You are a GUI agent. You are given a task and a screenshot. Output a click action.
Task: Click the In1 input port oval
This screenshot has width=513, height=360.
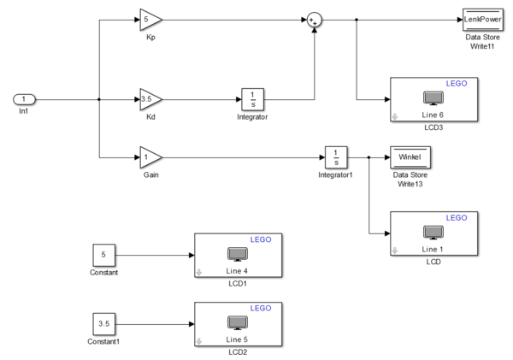click(x=24, y=99)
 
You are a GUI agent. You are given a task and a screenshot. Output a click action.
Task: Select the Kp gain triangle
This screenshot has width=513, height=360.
click(x=149, y=19)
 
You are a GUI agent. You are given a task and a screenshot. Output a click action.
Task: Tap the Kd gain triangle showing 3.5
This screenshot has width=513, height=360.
click(x=150, y=100)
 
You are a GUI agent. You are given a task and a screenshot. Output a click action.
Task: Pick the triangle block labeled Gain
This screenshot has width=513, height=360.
click(x=150, y=157)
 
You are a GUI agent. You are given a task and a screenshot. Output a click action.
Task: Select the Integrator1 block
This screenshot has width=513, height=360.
click(x=336, y=157)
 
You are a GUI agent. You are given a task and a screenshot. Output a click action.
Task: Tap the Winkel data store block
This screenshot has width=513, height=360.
click(x=410, y=157)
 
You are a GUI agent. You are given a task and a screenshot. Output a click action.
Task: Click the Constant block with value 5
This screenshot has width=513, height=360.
click(x=104, y=255)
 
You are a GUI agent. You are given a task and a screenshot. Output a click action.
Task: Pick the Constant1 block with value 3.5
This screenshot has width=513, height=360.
click(x=104, y=324)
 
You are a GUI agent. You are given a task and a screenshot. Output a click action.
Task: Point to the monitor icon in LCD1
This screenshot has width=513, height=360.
click(x=237, y=254)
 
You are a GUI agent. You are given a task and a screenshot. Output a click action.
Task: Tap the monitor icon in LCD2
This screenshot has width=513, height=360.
click(x=237, y=323)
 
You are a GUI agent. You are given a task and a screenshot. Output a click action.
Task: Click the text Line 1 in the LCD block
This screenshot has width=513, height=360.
click(x=433, y=248)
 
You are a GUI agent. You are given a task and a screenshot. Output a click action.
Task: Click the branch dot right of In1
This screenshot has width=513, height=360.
click(x=100, y=99)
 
